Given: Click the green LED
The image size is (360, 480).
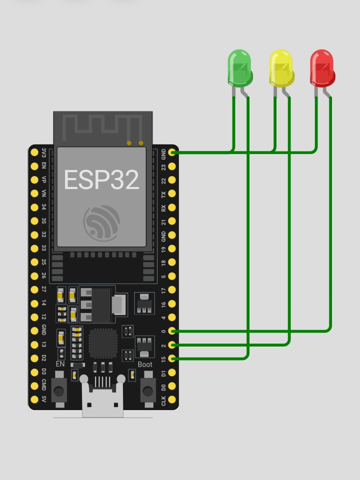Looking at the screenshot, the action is pyautogui.click(x=240, y=68).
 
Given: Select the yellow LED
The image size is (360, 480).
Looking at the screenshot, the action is pyautogui.click(x=281, y=68).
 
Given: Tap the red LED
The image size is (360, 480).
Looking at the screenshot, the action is pyautogui.click(x=322, y=68).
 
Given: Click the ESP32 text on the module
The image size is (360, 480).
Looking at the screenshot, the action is pyautogui.click(x=101, y=180).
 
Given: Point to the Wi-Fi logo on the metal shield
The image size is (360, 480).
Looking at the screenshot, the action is pyautogui.click(x=101, y=223).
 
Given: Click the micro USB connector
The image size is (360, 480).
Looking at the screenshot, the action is pyautogui.click(x=102, y=396).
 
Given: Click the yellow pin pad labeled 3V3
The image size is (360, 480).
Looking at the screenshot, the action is pyautogui.click(x=34, y=152).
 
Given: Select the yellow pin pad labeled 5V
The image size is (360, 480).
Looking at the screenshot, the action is pyautogui.click(x=34, y=399).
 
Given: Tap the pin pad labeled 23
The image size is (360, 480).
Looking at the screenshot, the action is pyautogui.click(x=172, y=166).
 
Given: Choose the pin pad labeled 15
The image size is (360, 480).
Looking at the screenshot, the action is pyautogui.click(x=172, y=358).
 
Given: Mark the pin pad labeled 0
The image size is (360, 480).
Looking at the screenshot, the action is pyautogui.click(x=172, y=330).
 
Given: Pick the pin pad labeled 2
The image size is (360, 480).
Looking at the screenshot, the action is pyautogui.click(x=172, y=344).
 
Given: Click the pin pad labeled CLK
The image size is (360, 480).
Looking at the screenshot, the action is pyautogui.click(x=172, y=399).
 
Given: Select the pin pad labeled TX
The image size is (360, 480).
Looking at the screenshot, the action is pyautogui.click(x=172, y=193).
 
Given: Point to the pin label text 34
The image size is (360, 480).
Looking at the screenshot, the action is pyautogui.click(x=44, y=207).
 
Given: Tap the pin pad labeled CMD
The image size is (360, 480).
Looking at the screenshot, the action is pyautogui.click(x=34, y=385).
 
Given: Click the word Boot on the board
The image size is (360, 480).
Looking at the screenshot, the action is pyautogui.click(x=145, y=364).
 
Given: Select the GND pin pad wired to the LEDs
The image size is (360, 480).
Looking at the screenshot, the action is pyautogui.click(x=172, y=152).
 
